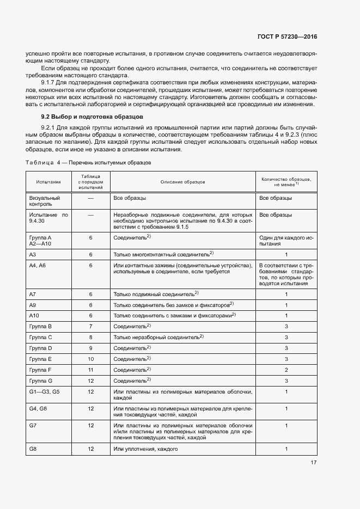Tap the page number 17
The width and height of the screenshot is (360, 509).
point(314,463)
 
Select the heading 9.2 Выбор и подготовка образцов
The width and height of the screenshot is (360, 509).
point(93,117)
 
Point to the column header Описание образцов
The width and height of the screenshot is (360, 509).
point(182,181)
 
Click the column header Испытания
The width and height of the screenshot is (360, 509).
point(49,181)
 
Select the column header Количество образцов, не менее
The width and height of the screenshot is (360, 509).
point(286,181)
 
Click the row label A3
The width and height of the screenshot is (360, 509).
point(33,254)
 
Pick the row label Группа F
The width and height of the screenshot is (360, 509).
point(40,370)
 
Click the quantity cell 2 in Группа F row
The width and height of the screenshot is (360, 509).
point(286,370)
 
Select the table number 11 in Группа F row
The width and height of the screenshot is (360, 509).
point(91,370)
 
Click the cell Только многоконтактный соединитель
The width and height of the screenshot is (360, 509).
point(163,254)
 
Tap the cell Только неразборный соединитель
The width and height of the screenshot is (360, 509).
point(158,337)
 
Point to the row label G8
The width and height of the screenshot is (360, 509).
point(33,449)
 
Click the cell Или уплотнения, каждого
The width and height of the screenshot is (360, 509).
point(146,449)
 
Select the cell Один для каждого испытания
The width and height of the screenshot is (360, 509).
point(286,241)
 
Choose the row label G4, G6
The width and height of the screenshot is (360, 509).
point(38,408)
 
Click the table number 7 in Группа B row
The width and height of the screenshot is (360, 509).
point(91,326)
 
